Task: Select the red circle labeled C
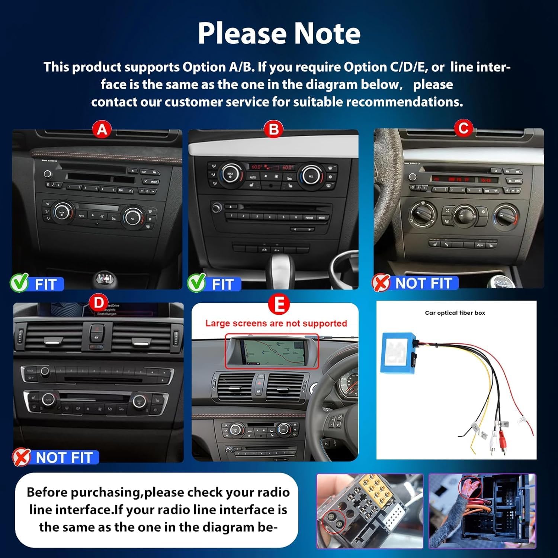click(x=463, y=128)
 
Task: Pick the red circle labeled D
click(x=99, y=302)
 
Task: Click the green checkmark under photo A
click(x=19, y=283)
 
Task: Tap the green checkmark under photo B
click(x=196, y=283)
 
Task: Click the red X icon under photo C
click(x=381, y=283)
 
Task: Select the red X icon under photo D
click(x=21, y=457)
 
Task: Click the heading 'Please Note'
click(x=279, y=33)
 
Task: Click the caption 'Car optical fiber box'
click(x=455, y=313)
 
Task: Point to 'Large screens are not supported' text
click(x=276, y=323)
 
